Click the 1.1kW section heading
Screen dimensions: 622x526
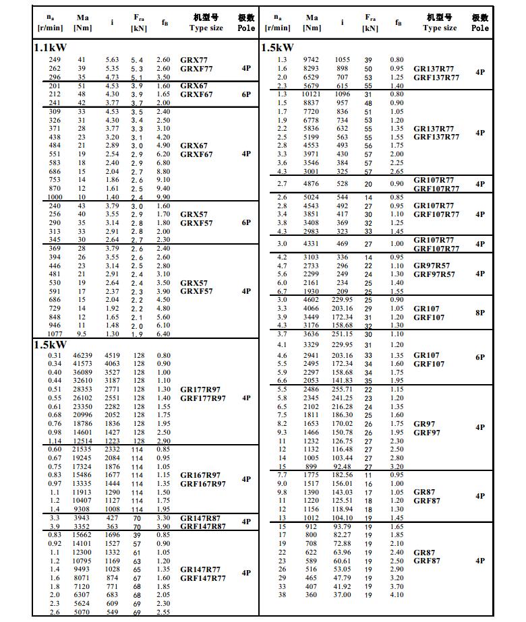pyautogui.click(x=50, y=49)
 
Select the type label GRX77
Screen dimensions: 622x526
pyautogui.click(x=194, y=60)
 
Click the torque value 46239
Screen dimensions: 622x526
pyautogui.click(x=83, y=356)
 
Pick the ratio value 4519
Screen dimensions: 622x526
pyautogui.click(x=113, y=356)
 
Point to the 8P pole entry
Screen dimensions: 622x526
pyautogui.click(x=479, y=313)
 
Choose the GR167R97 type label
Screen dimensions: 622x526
pyautogui.click(x=200, y=475)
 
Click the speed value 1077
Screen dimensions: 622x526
pyautogui.click(x=55, y=334)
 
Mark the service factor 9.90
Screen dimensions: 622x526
pyautogui.click(x=163, y=197)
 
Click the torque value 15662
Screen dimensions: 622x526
pyautogui.click(x=83, y=535)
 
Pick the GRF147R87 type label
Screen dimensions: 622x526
pyautogui.click(x=203, y=526)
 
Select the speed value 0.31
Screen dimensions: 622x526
pyautogui.click(x=55, y=356)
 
